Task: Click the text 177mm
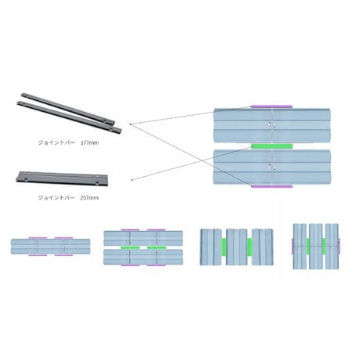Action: point(90,142)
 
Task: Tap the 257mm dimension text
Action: point(89,198)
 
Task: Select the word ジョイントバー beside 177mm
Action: point(56,142)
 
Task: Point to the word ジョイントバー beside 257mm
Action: point(56,198)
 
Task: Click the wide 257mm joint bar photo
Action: point(62,178)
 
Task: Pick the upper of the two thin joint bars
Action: point(68,108)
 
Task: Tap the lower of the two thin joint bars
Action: point(69,117)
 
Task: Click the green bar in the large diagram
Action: point(272,146)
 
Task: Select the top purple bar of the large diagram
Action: point(272,106)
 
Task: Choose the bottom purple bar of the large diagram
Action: point(272,186)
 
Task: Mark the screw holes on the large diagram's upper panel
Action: point(272,125)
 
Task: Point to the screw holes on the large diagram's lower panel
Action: point(272,167)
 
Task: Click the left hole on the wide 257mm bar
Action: point(26,180)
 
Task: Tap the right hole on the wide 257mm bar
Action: point(97,182)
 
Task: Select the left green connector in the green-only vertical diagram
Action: point(224,247)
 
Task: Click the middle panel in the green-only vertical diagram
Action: point(236,247)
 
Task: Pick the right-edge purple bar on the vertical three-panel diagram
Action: point(340,247)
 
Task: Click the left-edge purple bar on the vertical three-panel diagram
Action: point(292,247)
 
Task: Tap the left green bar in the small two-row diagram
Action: point(130,247)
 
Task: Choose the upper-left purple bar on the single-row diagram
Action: point(38,238)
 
